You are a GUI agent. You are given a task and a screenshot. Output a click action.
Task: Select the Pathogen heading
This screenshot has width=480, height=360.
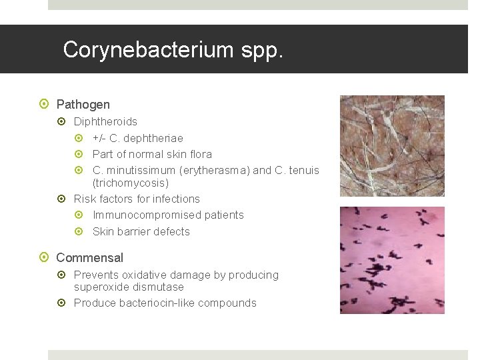[83, 105]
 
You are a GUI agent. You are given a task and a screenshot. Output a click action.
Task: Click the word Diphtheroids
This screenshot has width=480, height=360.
[105, 121]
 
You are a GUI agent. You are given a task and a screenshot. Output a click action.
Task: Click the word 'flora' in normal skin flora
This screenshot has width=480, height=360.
[198, 154]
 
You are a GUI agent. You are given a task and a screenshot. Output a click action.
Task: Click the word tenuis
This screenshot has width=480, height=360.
[303, 170]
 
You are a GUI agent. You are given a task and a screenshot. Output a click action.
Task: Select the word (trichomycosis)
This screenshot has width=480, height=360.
[131, 182]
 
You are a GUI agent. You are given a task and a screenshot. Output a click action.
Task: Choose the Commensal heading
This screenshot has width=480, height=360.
[90, 258]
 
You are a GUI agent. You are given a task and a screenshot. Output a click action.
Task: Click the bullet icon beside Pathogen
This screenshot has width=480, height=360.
[44, 105]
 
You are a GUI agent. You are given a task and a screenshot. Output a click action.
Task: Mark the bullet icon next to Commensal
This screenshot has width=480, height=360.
[44, 258]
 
